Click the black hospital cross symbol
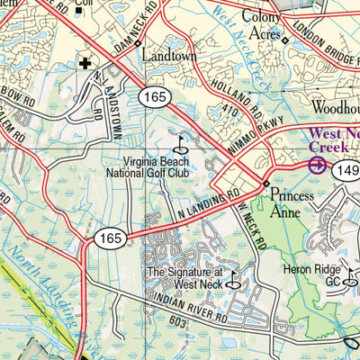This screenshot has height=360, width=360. click(x=85, y=64)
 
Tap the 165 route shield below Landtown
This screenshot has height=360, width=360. click(x=149, y=95)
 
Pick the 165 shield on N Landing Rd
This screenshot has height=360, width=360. click(x=106, y=238)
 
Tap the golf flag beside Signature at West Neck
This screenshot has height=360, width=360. click(x=235, y=281)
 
